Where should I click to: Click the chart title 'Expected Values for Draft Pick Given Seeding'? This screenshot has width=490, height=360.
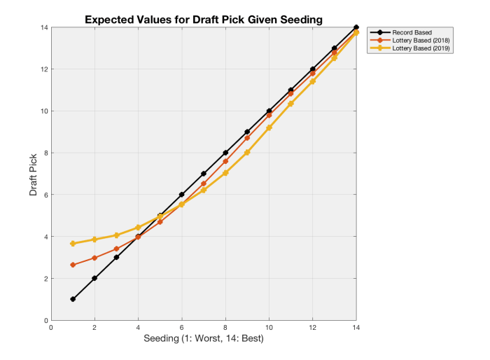click(x=204, y=20)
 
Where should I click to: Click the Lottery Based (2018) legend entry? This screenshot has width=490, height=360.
click(x=419, y=40)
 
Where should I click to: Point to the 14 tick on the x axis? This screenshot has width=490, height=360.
click(x=356, y=327)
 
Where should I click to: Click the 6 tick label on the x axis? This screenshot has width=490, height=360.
click(x=182, y=327)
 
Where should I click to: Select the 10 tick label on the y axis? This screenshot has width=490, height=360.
click(x=43, y=111)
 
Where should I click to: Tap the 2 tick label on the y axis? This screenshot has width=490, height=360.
click(x=45, y=279)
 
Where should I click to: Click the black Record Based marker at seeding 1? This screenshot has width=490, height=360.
click(x=73, y=299)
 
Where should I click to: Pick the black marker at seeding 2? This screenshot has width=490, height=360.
click(x=94, y=278)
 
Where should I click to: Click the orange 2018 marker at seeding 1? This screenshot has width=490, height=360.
click(x=73, y=265)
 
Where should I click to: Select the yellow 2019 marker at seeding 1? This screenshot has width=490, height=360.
click(x=73, y=244)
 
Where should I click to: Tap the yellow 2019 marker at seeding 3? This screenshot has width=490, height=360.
click(x=116, y=235)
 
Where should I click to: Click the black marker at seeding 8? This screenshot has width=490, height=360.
click(x=225, y=153)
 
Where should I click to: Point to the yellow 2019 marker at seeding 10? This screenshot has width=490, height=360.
click(x=269, y=127)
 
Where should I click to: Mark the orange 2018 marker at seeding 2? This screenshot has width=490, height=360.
click(x=94, y=258)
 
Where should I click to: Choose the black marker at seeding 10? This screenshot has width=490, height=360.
click(x=269, y=111)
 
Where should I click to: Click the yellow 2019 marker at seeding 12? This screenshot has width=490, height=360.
click(x=313, y=81)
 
